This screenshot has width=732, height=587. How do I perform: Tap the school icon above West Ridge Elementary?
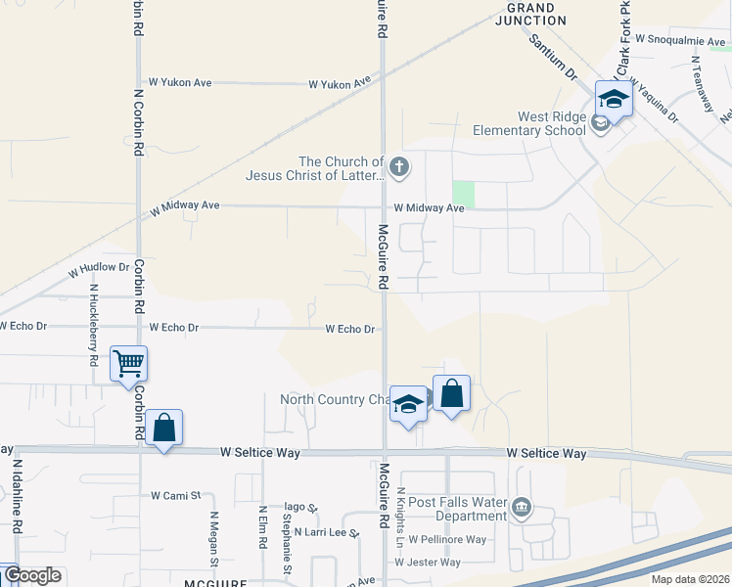click(614, 99)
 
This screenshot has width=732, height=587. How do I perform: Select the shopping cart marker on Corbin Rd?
click(129, 364)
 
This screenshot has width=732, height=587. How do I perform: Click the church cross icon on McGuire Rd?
click(398, 167)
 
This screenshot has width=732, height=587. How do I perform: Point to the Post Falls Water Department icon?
click(522, 507)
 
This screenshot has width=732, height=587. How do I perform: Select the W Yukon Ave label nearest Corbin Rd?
click(179, 84)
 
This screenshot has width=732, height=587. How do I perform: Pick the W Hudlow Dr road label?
click(99, 267)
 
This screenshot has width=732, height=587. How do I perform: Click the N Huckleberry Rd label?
click(94, 325)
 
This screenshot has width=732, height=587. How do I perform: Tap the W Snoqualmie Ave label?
click(681, 39)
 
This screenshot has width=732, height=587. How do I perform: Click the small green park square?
click(463, 195)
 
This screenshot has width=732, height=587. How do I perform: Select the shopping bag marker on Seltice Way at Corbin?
click(164, 428)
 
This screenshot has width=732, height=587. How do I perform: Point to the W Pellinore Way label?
click(447, 539)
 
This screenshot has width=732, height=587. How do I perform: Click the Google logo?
click(32, 575)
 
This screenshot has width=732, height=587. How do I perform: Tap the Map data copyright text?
click(689, 579)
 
